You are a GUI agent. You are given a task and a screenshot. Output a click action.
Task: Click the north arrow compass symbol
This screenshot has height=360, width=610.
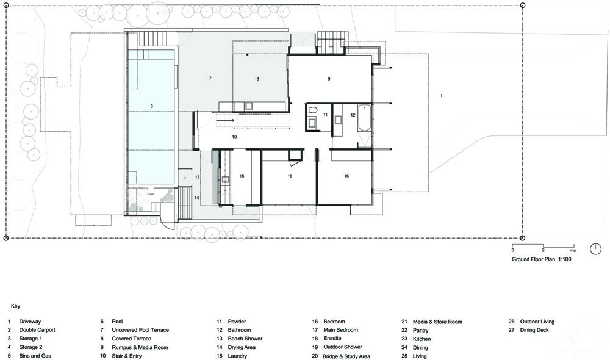(x=595, y=249)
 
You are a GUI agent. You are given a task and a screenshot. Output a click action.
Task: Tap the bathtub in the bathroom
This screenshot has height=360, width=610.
(x=364, y=118)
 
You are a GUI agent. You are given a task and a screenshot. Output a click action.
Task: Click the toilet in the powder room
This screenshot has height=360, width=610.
(x=312, y=110)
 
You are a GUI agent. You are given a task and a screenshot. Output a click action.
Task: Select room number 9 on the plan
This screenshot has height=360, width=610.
(x=329, y=79)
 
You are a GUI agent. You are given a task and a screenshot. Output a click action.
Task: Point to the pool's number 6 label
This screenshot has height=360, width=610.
(x=152, y=106)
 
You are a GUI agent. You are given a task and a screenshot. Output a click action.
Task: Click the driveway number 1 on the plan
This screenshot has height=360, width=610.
(x=441, y=95)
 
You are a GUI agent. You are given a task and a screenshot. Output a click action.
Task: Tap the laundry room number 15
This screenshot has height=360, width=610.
(x=242, y=176)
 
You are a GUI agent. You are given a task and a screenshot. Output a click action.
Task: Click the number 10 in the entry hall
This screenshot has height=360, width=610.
(x=234, y=137)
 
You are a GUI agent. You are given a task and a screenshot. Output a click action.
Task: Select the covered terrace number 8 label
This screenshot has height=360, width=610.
(x=257, y=79)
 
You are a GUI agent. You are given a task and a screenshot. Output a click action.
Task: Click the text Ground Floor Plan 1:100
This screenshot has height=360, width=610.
(x=542, y=259)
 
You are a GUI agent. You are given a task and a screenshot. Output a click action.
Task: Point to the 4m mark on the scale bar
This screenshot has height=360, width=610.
(x=573, y=250)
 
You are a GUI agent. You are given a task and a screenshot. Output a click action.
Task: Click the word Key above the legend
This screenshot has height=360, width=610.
(x=16, y=306)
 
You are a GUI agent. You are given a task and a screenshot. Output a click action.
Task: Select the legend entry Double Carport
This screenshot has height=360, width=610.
(x=37, y=330)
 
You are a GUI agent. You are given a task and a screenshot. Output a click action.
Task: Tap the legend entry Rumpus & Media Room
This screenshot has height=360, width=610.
(x=140, y=347)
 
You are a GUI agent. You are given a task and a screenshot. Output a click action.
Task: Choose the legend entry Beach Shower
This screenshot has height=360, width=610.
(x=245, y=339)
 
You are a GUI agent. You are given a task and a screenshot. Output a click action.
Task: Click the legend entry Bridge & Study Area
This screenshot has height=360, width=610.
(x=346, y=356)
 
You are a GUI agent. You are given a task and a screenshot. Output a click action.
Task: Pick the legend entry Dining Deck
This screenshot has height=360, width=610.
(x=534, y=330)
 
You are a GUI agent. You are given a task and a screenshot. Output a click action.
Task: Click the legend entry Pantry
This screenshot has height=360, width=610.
(x=420, y=331)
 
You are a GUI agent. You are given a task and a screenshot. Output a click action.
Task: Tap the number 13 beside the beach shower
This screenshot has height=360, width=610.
(x=197, y=177)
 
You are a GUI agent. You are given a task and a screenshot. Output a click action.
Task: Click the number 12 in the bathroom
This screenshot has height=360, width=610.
(x=353, y=115)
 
